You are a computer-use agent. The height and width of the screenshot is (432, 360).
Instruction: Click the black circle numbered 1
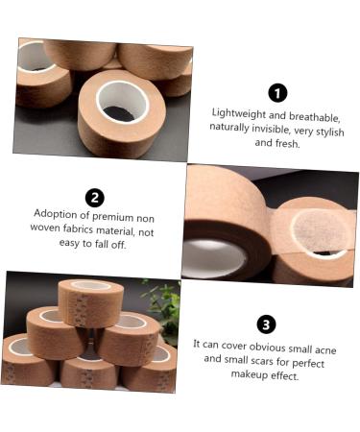click(277, 93)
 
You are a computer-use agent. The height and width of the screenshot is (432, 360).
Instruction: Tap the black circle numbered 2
click(95, 198)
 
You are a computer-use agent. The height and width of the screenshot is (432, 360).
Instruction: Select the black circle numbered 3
click(266, 324)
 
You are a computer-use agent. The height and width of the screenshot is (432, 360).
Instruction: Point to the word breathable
click(314, 117)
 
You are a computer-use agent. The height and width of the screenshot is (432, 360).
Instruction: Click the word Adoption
click(56, 214)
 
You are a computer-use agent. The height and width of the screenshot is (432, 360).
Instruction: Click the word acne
click(325, 349)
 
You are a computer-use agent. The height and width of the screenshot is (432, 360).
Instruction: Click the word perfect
click(308, 364)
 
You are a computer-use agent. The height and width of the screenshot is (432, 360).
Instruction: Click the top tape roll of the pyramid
click(91, 301)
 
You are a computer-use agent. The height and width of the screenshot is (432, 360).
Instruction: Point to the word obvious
click(267, 347)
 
